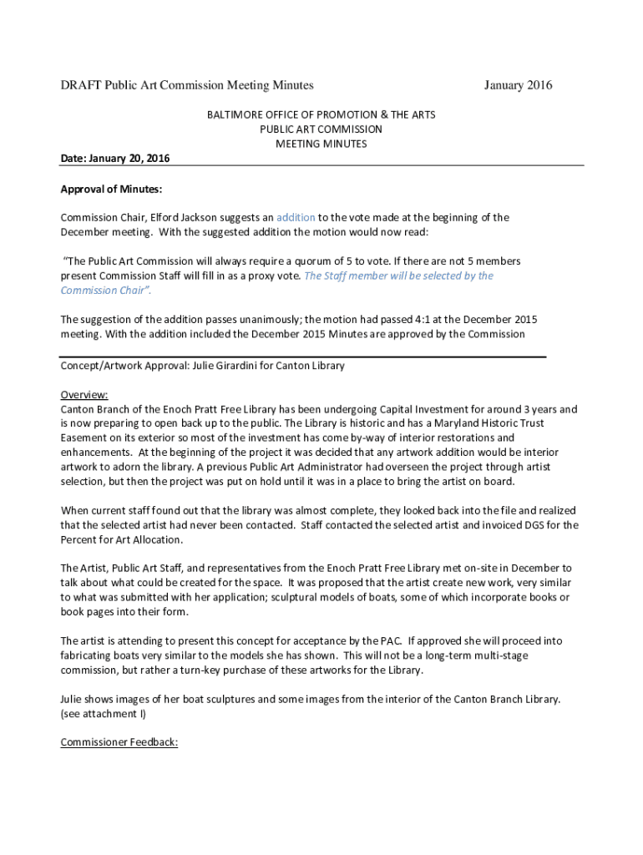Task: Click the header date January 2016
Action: pos(518,85)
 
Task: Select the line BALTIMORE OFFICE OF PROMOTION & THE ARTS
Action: pos(321,114)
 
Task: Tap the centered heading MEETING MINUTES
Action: pos(321,144)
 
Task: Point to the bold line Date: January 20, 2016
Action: pos(114,159)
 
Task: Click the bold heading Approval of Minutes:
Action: pos(111,189)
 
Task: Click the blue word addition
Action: pos(296,217)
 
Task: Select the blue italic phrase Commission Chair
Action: pos(104,291)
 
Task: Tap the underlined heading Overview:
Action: pos(84,395)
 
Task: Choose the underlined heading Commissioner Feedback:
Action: pos(119,742)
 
